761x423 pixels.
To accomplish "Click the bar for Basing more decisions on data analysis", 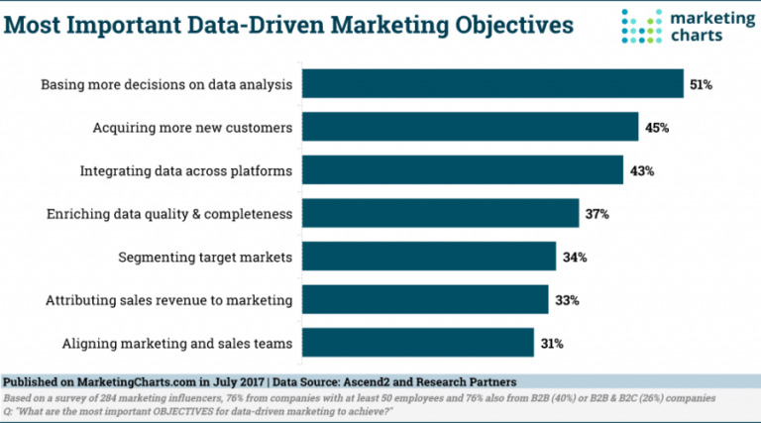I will tap(492, 84).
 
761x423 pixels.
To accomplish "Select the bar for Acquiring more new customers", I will tap(470, 127).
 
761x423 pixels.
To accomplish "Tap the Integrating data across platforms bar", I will tap(462, 170).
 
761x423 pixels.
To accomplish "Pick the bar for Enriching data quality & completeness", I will tap(440, 213).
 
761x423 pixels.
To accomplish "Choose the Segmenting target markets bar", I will tap(428, 257).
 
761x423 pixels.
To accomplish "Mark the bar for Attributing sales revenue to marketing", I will tap(424, 299).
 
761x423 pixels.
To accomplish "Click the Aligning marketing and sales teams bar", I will tap(417, 343).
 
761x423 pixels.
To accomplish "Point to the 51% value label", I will tap(701, 84).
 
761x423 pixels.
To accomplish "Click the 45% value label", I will tap(656, 127).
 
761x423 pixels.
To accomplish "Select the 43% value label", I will tap(640, 170).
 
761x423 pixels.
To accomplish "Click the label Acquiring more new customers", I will tap(192, 127).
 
